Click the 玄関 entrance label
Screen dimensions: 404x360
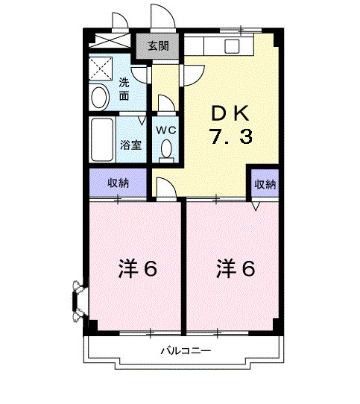coord(157,45)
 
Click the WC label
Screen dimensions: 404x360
coord(165,130)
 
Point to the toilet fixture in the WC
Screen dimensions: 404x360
coord(165,151)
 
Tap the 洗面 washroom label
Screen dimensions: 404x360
coord(124,89)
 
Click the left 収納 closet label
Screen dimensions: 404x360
coord(118,183)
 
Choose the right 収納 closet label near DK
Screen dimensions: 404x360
coord(264,183)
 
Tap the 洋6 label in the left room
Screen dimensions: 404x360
coord(137,268)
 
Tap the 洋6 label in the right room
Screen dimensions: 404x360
coord(236,268)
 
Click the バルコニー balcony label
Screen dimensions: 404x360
coord(184,350)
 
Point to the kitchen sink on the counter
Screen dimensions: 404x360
coord(232,45)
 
